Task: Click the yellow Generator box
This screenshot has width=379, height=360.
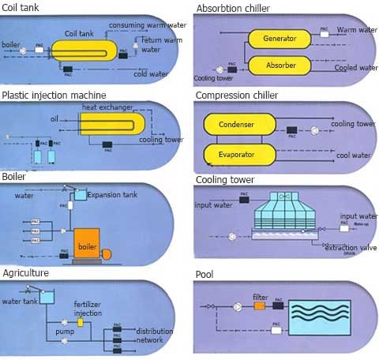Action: (x=280, y=38)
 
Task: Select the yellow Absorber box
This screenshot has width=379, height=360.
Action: (x=280, y=65)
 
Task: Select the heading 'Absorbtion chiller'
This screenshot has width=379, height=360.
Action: (x=233, y=9)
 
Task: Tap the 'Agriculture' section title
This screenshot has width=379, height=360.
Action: (x=25, y=272)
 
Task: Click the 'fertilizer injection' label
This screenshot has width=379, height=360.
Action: (x=87, y=309)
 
